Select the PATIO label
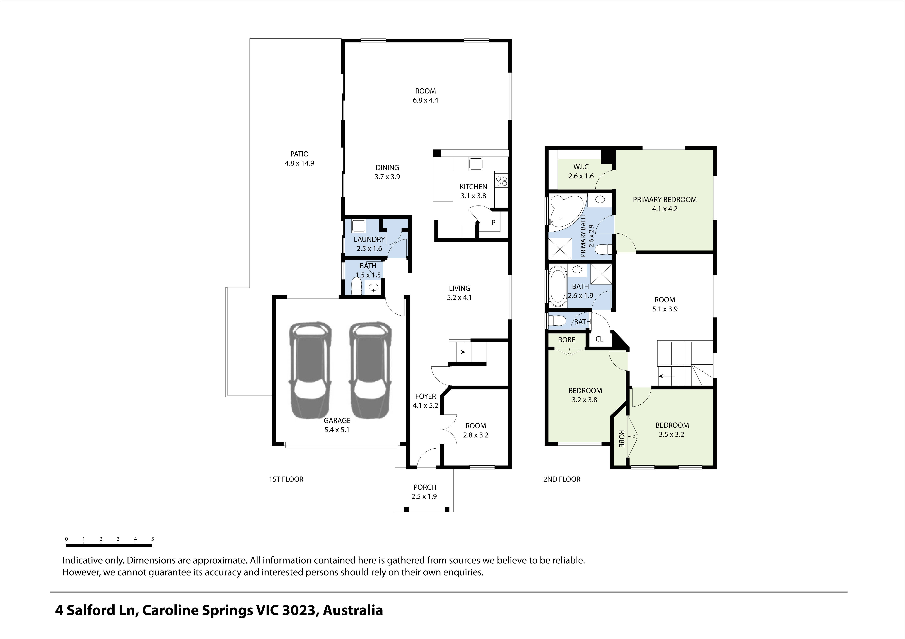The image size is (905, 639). [299, 154]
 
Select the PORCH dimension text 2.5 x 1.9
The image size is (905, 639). [424, 497]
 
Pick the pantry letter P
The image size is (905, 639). [493, 223]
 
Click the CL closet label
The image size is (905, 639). [599, 339]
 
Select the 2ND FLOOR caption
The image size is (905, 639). [562, 479]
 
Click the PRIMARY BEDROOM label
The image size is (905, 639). [665, 200]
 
